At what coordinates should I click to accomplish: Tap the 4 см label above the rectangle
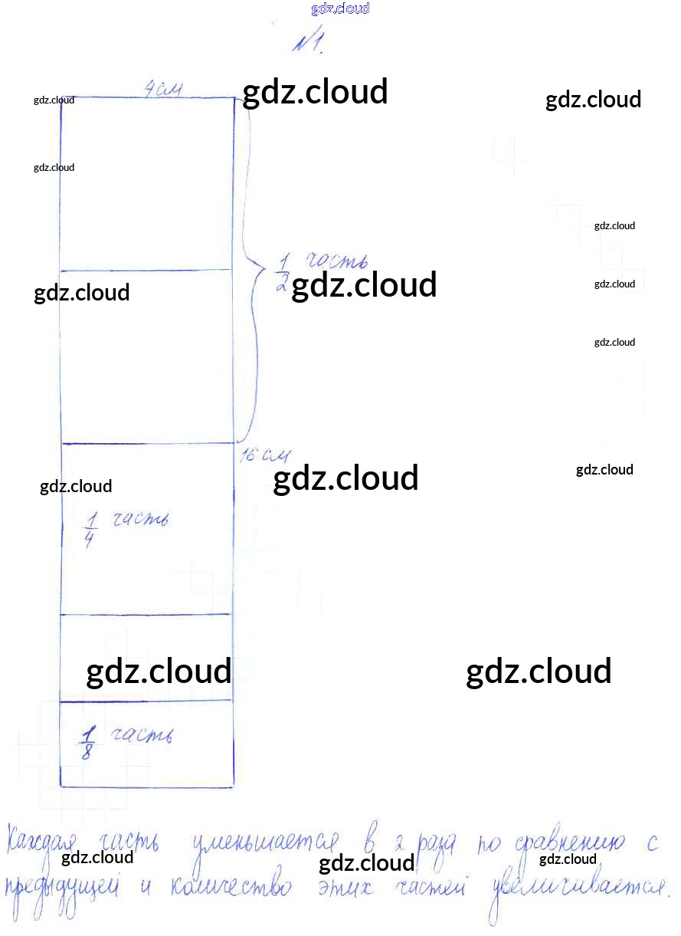(x=163, y=90)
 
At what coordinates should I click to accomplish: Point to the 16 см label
(x=264, y=456)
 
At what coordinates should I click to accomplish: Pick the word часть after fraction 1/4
(x=139, y=520)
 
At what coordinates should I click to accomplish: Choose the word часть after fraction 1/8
(x=141, y=736)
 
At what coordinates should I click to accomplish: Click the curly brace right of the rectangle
(x=251, y=268)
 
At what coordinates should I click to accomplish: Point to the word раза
(x=437, y=844)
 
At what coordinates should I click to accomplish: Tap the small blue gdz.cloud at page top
(x=340, y=8)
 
